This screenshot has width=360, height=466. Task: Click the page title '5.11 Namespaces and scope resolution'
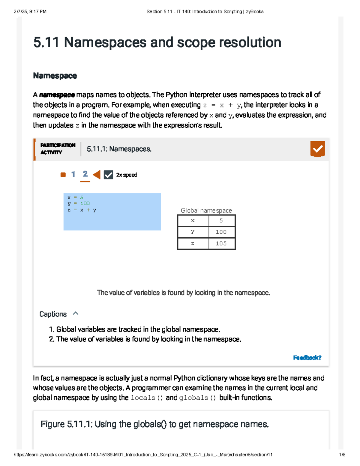(157, 42)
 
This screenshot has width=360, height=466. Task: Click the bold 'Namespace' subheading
(55, 76)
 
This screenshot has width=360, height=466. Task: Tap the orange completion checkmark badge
(317, 149)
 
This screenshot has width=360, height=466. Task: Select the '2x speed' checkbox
(108, 175)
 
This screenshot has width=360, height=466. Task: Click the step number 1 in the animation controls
(73, 174)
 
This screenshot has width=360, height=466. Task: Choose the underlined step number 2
(85, 174)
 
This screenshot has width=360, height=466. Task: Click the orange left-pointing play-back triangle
(97, 175)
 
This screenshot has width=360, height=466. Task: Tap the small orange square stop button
(63, 175)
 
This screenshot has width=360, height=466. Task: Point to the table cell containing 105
(221, 243)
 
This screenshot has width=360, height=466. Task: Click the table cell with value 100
(221, 232)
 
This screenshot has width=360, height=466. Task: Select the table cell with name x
(193, 221)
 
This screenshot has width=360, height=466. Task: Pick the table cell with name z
(193, 243)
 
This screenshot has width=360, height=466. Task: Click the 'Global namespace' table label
(206, 211)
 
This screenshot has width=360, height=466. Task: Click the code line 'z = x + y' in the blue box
(82, 210)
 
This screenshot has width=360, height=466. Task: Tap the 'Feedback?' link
(307, 358)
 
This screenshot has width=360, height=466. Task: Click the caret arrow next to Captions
(76, 314)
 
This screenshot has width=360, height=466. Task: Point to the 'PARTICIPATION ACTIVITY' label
(58, 149)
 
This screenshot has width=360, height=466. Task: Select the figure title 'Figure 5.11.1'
(154, 424)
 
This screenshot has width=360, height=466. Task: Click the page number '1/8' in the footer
(342, 455)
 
